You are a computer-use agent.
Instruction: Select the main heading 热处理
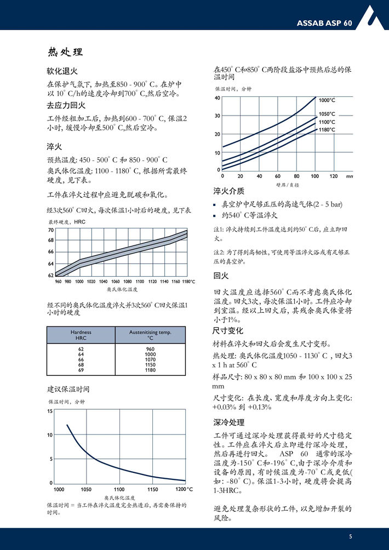[x=65, y=53]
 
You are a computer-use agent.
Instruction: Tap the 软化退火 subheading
[x=62, y=72]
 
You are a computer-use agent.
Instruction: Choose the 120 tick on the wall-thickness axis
[x=333, y=176]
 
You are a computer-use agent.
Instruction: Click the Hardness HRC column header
[x=81, y=335]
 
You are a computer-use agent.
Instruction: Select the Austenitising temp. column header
[x=150, y=335]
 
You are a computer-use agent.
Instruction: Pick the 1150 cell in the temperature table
[x=150, y=364]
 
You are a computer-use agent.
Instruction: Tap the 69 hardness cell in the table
[x=81, y=370]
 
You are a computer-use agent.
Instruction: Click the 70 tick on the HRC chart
[x=51, y=230]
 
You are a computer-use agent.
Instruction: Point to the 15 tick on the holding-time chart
[x=50, y=411]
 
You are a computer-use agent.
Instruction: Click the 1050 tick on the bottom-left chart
[x=86, y=489]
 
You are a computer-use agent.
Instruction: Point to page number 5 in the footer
[x=350, y=536]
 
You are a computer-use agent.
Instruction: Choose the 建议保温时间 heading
[x=68, y=389]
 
